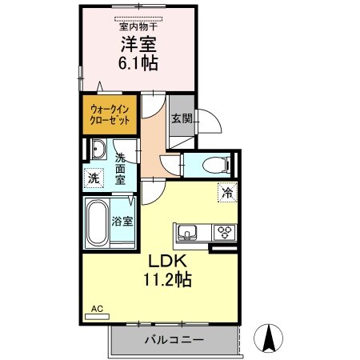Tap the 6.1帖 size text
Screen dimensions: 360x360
click(138, 65)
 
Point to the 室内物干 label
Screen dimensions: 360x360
click(138, 25)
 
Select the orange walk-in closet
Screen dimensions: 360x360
click(110, 114)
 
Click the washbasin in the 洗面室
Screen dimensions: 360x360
click(97, 149)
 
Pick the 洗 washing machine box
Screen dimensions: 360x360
click(94, 178)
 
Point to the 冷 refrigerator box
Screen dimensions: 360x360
click(226, 192)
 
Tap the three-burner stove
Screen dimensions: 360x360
click(223, 233)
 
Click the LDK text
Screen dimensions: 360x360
click(166, 262)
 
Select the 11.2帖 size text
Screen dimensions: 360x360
click(166, 280)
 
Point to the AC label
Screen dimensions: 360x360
click(97, 308)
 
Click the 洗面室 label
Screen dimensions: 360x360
click(120, 170)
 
